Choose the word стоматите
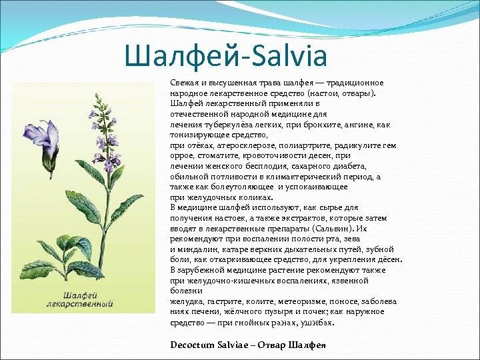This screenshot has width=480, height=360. [217, 156]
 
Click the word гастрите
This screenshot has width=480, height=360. [222, 302]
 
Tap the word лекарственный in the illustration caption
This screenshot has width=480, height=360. [80, 304]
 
